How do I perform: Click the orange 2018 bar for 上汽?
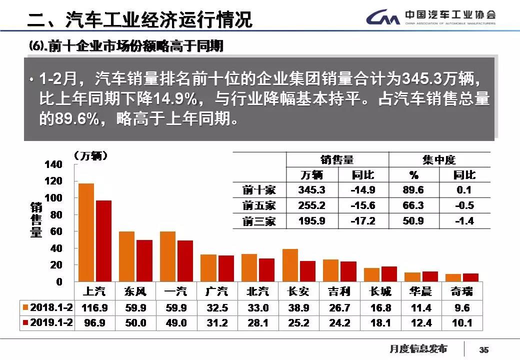click(x=86, y=232)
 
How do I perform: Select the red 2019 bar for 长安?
click(x=307, y=271)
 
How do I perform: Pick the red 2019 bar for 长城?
click(x=388, y=274)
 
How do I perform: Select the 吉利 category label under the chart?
click(x=339, y=291)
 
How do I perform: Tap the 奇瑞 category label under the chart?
click(x=461, y=291)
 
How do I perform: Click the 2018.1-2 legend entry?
click(x=48, y=307)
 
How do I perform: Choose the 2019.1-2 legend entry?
click(x=48, y=323)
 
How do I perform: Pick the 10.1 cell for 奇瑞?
click(x=461, y=323)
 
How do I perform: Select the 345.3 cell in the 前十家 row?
click(x=311, y=190)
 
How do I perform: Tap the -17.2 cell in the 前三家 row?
click(x=363, y=221)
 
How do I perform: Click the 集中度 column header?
click(x=439, y=160)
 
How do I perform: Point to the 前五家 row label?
click(x=259, y=205)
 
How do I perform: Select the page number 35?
click(x=483, y=349)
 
